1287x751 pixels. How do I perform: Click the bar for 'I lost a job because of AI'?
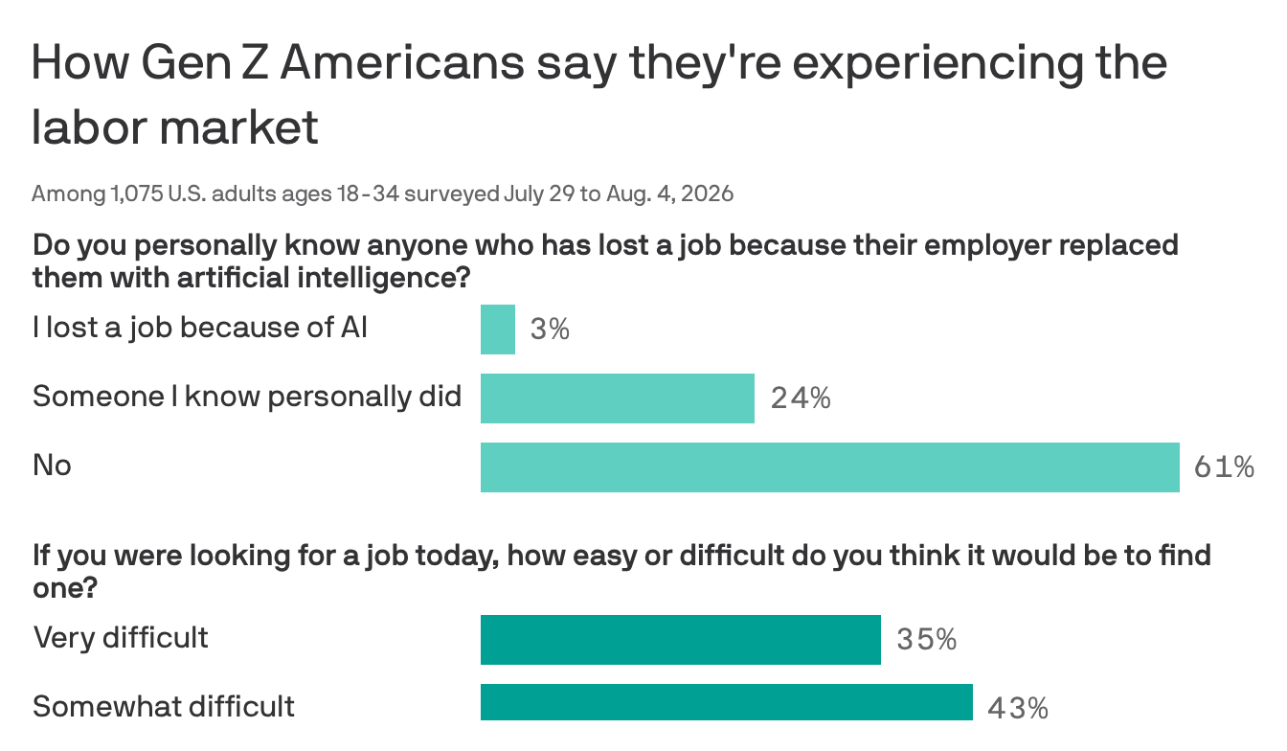(498, 330)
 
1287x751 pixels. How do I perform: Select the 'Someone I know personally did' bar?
(618, 398)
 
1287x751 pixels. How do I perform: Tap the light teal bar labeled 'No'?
(830, 467)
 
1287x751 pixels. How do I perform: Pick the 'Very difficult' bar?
(681, 640)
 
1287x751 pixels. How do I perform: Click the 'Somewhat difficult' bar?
(727, 701)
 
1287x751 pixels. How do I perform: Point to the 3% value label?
(550, 330)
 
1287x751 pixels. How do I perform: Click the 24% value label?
(801, 398)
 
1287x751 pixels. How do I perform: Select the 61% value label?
(1224, 467)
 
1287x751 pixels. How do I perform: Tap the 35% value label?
(927, 640)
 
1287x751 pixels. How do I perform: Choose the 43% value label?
(1018, 709)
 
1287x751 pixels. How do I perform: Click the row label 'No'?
(52, 465)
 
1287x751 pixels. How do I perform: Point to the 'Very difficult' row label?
(121, 638)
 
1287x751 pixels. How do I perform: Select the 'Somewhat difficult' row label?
(164, 706)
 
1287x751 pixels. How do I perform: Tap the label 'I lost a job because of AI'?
(200, 329)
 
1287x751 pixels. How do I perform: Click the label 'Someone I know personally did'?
(247, 397)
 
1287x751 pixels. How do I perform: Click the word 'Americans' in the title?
(402, 62)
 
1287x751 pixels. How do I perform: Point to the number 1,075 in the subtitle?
(137, 194)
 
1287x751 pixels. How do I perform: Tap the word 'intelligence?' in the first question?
(384, 279)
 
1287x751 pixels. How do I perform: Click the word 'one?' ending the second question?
(65, 588)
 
